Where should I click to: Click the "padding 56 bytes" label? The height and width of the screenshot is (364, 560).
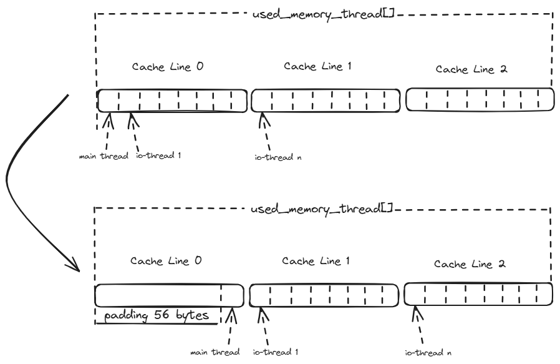point(157,316)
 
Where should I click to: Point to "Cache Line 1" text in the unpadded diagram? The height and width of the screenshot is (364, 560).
point(319,66)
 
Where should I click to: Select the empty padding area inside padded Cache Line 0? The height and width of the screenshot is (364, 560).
point(157,294)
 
